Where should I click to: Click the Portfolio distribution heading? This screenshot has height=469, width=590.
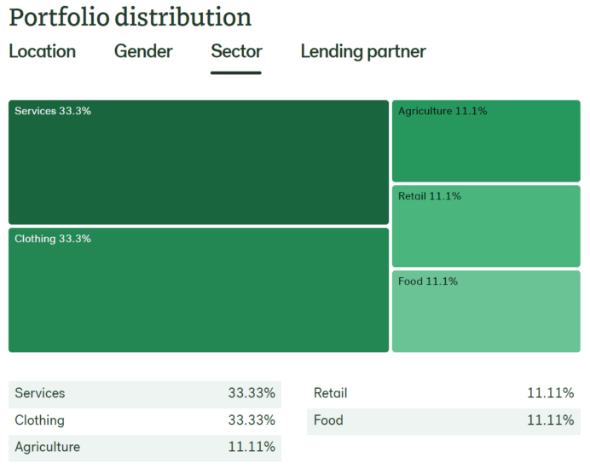point(130,16)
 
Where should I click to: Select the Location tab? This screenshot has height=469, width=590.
point(42,51)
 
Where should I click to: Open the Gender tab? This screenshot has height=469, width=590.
point(143,51)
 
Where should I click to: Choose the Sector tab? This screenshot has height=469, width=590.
point(236,51)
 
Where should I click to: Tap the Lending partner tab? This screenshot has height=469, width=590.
point(363,51)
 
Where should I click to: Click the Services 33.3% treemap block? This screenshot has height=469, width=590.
point(199,162)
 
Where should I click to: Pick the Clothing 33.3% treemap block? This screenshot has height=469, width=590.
point(199,290)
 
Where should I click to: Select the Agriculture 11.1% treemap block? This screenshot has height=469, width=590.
point(486,142)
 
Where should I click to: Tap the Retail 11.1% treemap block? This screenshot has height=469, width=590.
point(486,227)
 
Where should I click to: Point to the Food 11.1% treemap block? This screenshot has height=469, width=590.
point(486,312)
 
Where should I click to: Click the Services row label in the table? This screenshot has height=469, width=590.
point(40,393)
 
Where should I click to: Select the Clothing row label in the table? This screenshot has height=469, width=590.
point(39,420)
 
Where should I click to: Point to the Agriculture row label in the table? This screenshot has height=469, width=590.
point(48,447)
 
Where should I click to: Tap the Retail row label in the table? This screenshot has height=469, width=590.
point(331,393)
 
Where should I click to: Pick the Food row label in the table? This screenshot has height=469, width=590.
point(328,420)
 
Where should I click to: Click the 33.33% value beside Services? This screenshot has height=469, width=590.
point(252,393)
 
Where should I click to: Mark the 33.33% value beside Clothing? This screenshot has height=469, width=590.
point(252,420)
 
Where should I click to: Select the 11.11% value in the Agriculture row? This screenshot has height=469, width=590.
point(252,447)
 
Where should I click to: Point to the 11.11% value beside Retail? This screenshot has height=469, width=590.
point(550,393)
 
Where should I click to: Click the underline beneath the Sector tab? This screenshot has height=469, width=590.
point(236,72)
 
